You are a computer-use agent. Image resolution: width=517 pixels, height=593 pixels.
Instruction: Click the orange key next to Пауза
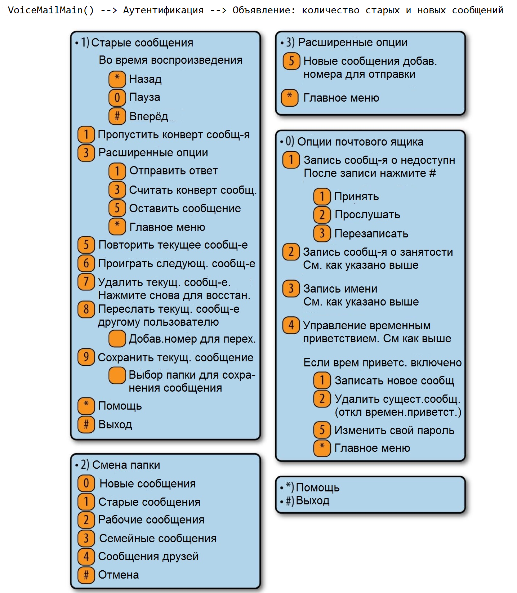pos(117,97)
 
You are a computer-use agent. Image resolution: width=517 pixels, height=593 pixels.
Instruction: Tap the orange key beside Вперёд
pos(117,116)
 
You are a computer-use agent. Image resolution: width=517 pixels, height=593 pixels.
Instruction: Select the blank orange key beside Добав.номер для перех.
pos(117,339)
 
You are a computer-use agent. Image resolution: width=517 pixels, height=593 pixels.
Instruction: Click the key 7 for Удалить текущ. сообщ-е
pos(86,282)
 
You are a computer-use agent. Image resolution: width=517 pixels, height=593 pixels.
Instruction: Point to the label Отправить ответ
pos(173,170)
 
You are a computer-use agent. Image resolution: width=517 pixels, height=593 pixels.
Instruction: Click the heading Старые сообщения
pos(142,43)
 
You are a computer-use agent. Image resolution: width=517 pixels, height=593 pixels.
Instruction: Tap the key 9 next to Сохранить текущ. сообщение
pos(86,357)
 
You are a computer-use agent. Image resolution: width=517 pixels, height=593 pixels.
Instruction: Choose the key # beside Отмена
pos(86,575)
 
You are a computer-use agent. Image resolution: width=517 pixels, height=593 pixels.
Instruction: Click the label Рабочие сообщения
pos(151,520)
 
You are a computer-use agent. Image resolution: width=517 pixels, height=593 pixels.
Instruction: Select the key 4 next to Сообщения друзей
pos(86,556)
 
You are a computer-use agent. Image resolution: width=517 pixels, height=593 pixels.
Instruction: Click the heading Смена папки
pos(126,465)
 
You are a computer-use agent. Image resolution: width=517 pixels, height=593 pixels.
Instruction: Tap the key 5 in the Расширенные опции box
pos(291,61)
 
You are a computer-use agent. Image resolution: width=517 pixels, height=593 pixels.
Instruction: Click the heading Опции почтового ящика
pos(360,142)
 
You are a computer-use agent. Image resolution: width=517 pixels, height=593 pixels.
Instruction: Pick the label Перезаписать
pos(371,233)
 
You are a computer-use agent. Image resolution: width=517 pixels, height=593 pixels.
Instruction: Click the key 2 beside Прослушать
pos(322,215)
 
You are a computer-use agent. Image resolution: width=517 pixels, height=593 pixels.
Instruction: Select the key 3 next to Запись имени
pos(291,289)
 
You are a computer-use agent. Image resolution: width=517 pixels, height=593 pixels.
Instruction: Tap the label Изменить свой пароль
pos(394,430)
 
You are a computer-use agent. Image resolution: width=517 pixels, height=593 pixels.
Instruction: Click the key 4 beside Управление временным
pos(291,325)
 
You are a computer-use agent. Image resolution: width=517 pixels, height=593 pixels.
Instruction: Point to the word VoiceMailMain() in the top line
pos(51,10)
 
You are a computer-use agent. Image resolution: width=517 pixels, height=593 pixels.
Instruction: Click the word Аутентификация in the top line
pos(163,10)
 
